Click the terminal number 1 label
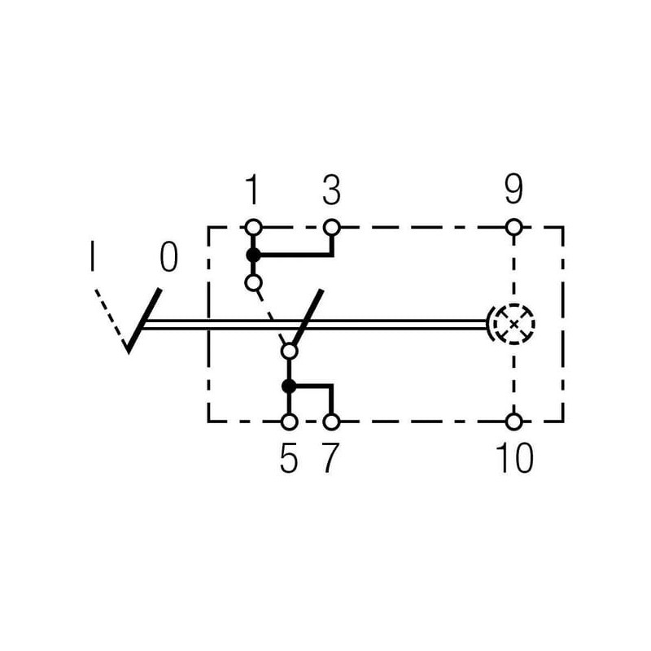coord(252,190)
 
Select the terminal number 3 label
coord(331,190)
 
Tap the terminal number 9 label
coord(513,190)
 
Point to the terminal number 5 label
coord(289,458)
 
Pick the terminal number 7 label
coord(331,458)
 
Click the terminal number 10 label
coord(514,458)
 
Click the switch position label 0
coord(169,257)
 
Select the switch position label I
coord(92,256)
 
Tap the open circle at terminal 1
coord(253,228)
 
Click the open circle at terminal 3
coord(331,228)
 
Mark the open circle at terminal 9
coord(514,228)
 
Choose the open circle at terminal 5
coord(289,422)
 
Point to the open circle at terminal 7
coord(331,422)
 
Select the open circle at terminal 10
coord(514,422)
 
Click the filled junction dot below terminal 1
coord(253,256)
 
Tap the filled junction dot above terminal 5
coord(289,386)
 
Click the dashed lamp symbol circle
coord(514,304)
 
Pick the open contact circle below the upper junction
coord(253,283)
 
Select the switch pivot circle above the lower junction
coord(289,352)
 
